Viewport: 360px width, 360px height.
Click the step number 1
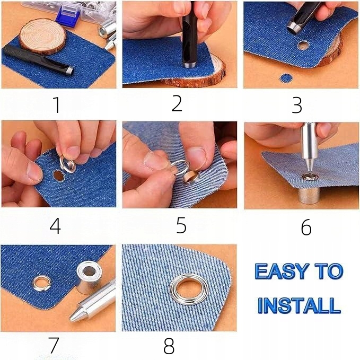[57, 104]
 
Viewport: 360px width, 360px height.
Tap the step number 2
[177, 103]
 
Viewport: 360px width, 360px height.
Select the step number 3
[296, 105]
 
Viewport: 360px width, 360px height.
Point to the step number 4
[55, 226]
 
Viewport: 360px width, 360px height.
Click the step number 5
[181, 225]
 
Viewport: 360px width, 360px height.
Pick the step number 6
[306, 227]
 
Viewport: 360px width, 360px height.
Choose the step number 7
[54, 345]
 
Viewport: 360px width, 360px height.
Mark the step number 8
[169, 346]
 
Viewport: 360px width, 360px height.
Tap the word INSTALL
[299, 305]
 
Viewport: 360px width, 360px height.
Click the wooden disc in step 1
[43, 37]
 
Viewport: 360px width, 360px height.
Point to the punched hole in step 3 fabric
[303, 46]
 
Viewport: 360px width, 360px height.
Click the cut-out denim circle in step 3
[286, 78]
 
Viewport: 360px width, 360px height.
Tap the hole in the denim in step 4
[58, 175]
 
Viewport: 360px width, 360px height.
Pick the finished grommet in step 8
[189, 289]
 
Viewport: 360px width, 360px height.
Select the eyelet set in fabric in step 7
[42, 284]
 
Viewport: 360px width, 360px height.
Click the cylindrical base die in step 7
[89, 277]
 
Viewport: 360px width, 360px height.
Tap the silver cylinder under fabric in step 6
[308, 195]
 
